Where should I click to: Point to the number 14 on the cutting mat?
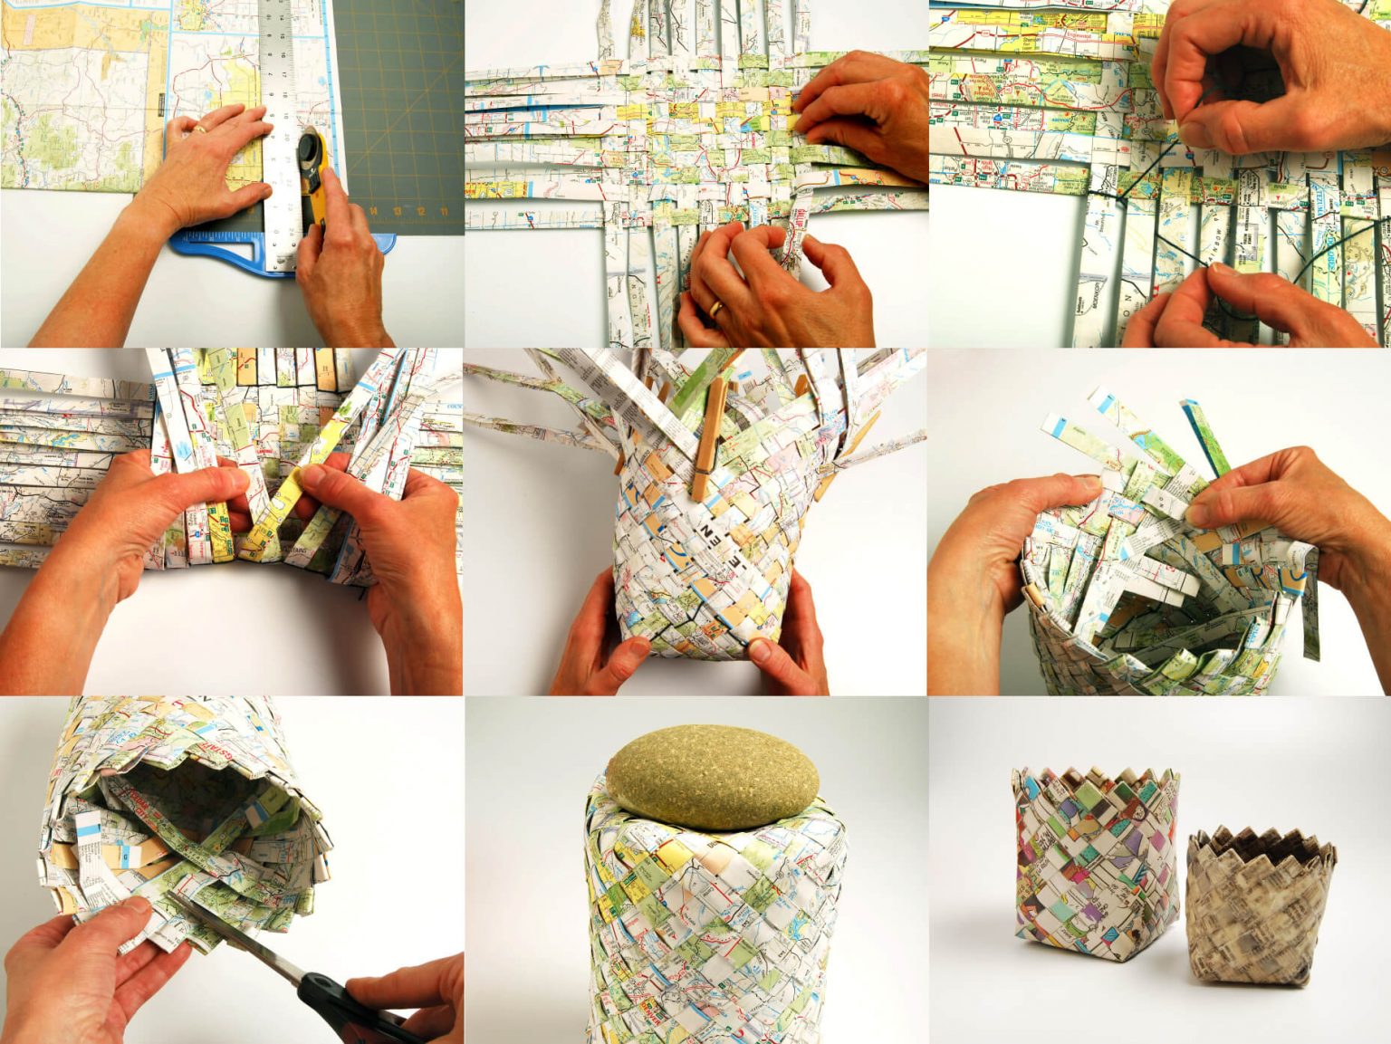(x=373, y=210)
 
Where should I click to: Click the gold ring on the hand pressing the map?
(x=198, y=129)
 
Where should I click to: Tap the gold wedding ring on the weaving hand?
(x=716, y=309)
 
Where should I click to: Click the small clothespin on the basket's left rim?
(x=1031, y=596)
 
